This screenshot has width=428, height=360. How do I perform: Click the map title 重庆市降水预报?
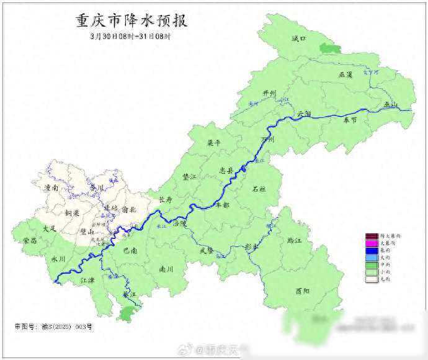[x=130, y=21]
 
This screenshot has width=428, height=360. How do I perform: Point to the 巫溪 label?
[x=346, y=74]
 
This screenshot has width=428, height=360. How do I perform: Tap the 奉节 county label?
[x=350, y=120]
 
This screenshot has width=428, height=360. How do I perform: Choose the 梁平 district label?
[x=213, y=142]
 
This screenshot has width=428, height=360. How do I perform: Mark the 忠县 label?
[x=226, y=169]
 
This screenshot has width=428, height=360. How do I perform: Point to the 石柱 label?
[x=259, y=189]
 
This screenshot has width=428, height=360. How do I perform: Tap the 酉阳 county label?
[x=302, y=290]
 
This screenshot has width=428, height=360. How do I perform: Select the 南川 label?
[x=166, y=269]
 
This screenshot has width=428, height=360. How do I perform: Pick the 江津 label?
[x=88, y=280]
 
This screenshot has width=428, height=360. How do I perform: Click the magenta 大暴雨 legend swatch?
[x=371, y=242]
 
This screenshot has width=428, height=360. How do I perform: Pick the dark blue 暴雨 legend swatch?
[x=371, y=250]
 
